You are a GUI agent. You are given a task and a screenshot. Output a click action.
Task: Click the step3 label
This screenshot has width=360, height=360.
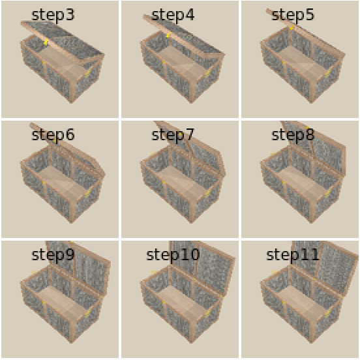tap(53, 15)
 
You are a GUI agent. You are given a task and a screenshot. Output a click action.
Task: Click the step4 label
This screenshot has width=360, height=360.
tap(173, 15)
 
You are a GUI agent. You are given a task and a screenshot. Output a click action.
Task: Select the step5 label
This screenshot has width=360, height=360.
tap(293, 15)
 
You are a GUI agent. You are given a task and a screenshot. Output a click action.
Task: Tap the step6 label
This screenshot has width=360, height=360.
tap(53, 135)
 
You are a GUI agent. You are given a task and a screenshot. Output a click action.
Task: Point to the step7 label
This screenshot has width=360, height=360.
tap(173, 135)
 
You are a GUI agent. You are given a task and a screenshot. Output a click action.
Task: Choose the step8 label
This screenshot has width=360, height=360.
tap(293, 135)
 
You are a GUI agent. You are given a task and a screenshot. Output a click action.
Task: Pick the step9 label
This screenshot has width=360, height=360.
tap(53, 255)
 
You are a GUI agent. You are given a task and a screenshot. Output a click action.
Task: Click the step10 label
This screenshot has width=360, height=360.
tap(173, 255)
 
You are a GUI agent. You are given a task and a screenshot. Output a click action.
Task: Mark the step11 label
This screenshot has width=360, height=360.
tap(293, 255)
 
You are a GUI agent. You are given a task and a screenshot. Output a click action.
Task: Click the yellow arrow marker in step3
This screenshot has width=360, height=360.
tap(46, 42)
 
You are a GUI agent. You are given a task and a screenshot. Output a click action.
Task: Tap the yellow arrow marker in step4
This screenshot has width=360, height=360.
tap(168, 35)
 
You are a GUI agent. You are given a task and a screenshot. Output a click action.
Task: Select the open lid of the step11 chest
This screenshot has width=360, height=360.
tap(326, 266)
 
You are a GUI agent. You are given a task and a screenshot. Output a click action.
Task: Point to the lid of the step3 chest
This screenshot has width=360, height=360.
tap(62, 40)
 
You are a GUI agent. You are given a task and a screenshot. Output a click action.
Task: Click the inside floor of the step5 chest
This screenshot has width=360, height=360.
tap(301, 61)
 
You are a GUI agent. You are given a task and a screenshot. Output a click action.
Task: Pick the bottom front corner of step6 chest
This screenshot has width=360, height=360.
tap(72, 222)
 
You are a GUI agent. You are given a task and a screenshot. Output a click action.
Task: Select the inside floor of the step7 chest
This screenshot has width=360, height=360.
tap(181, 181)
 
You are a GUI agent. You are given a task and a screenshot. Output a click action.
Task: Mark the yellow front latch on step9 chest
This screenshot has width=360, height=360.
tap(44, 303)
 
